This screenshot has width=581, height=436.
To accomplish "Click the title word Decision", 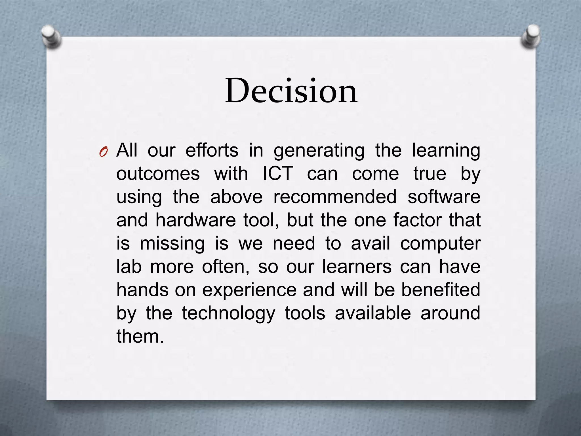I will point(291,91).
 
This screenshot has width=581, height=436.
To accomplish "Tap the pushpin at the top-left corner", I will point(51,37).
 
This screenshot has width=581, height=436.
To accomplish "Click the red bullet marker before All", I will point(103,152).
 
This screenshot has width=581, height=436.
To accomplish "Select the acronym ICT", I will point(277,173).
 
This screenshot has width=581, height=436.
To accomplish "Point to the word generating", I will point(319,151).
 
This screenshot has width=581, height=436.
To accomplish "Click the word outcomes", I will point(158,173).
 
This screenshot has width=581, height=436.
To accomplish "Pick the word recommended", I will point(335,197).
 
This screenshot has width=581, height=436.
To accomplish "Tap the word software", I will point(444,197).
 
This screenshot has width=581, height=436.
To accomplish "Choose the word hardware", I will point(195,220).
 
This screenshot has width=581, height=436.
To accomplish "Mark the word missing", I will point(172,244).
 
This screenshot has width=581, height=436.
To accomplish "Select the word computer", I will point(440,244).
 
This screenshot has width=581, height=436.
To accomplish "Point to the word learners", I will point(357,267).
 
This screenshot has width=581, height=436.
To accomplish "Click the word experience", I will point(249,290).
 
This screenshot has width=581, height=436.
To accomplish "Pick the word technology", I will point(228,314).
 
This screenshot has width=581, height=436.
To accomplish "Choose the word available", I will point(373,313).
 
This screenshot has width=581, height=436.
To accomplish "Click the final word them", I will point(140,336).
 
